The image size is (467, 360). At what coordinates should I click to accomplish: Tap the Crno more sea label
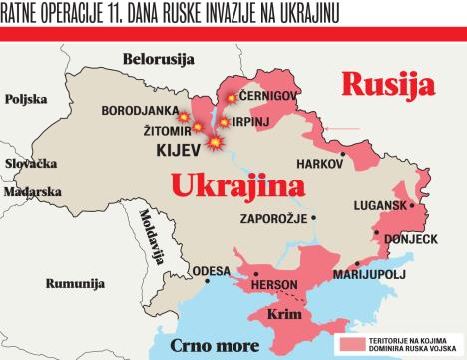[x=215, y=345]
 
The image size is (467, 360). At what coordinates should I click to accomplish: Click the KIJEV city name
[x=180, y=151]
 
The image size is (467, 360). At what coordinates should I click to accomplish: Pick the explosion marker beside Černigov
[x=232, y=97]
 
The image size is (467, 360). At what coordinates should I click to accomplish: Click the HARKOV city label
[x=319, y=163]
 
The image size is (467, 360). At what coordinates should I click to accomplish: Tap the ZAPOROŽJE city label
[x=273, y=218]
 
